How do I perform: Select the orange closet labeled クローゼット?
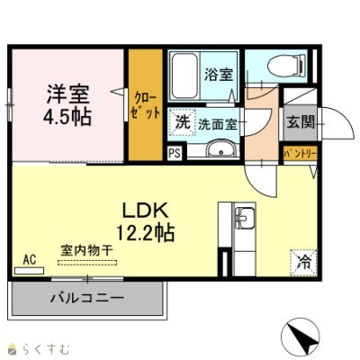[x=144, y=103]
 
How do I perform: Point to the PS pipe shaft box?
[x=174, y=153]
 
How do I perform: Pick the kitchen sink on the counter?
[x=243, y=216]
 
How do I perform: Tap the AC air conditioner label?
[x=29, y=260]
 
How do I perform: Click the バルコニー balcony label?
[x=86, y=296]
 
